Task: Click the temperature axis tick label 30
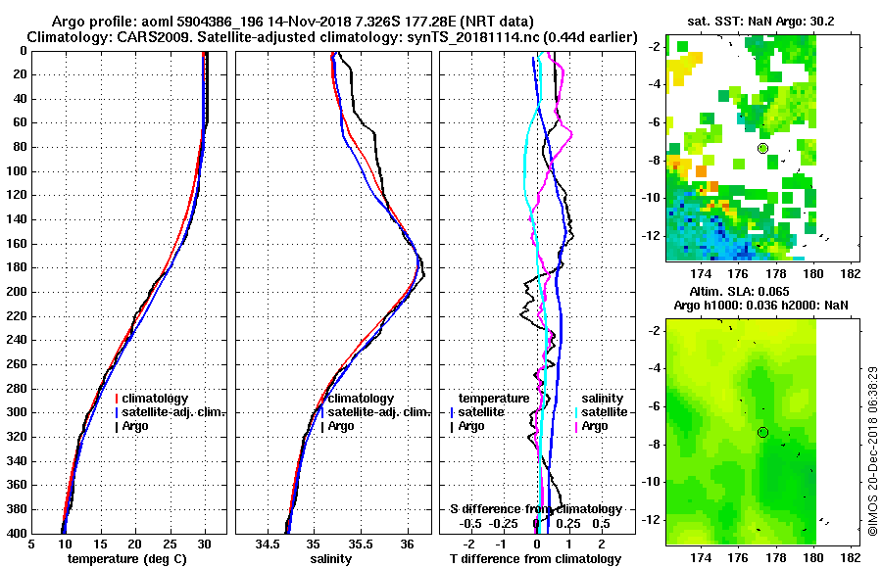click(205, 544)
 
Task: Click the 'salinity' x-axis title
click(331, 559)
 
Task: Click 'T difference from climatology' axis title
click(535, 559)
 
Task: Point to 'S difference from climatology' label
click(535, 509)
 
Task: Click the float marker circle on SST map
click(762, 148)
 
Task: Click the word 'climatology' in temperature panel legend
click(162, 399)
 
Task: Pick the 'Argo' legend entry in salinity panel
click(341, 426)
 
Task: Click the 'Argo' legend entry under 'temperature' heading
click(470, 426)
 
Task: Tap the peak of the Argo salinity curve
click(423, 278)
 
